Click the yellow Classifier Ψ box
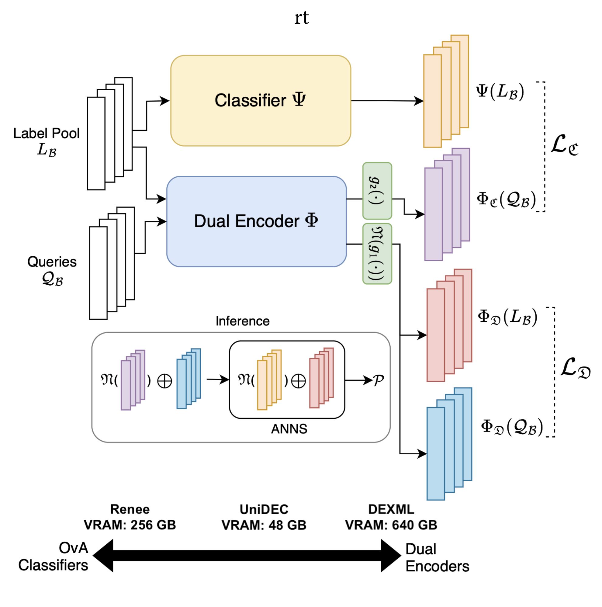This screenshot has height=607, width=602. click(x=260, y=101)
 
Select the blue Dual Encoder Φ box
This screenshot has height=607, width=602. click(x=256, y=221)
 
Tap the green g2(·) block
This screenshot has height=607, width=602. click(x=377, y=190)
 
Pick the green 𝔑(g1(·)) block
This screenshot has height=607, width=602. click(x=377, y=254)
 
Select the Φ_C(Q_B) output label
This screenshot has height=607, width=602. click(x=506, y=199)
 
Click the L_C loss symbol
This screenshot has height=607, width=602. click(x=564, y=145)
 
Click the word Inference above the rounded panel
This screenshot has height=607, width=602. click(x=242, y=321)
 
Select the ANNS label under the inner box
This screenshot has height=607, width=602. click(x=289, y=429)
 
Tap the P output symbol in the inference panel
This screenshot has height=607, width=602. click(x=378, y=380)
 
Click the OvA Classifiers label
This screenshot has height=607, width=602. click(x=54, y=557)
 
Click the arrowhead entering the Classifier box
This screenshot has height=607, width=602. click(x=164, y=101)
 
